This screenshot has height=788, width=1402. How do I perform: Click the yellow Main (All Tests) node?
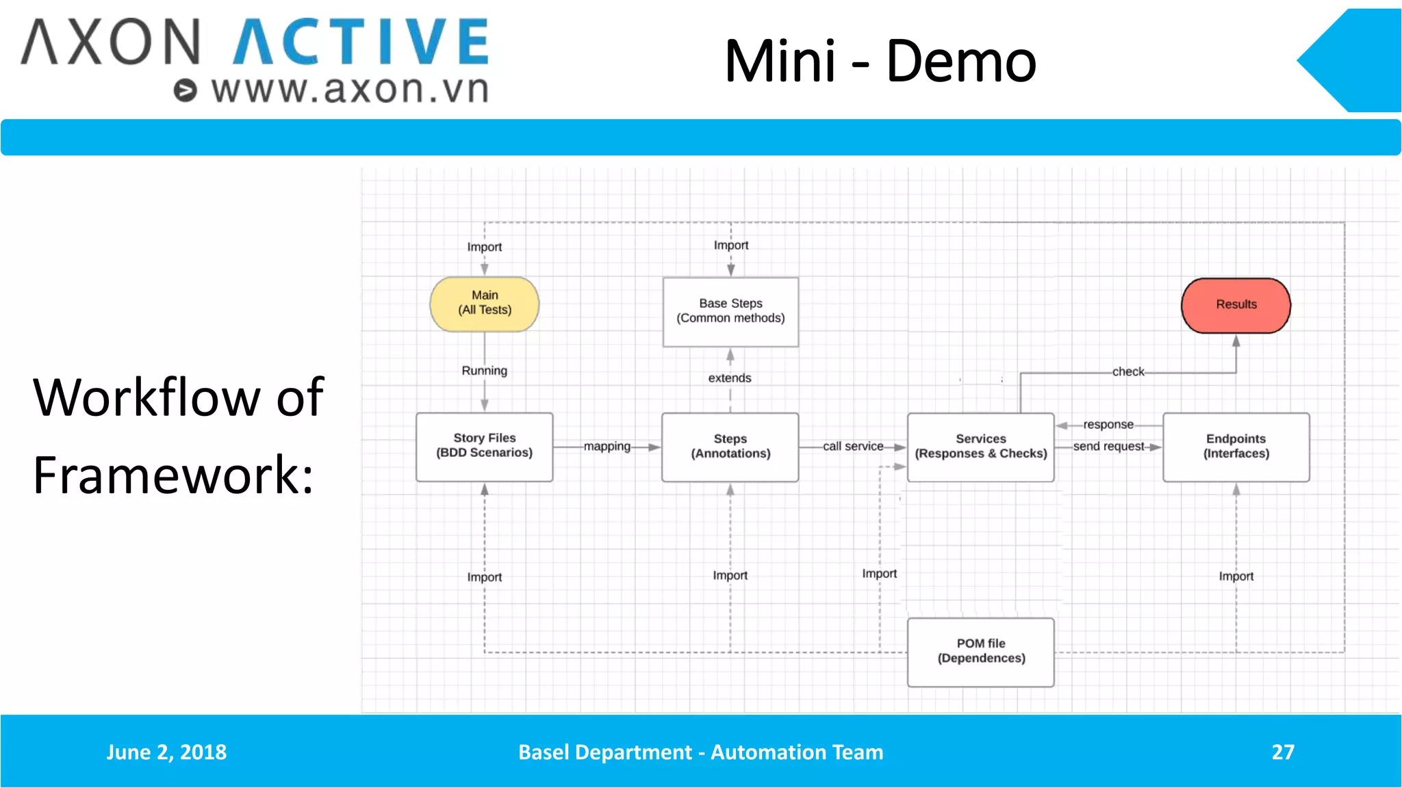tap(484, 304)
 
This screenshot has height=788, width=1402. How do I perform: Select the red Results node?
tap(1236, 305)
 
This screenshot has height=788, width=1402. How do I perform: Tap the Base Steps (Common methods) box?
tap(730, 311)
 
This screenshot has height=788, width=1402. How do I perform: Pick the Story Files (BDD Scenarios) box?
tap(484, 447)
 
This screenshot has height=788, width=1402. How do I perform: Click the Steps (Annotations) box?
tap(730, 447)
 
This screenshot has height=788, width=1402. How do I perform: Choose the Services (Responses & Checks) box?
tap(980, 447)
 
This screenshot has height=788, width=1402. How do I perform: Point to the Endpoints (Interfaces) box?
tap(1236, 447)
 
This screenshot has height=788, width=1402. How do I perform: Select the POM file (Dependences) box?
tap(980, 651)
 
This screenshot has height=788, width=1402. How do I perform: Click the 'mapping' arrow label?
tap(607, 447)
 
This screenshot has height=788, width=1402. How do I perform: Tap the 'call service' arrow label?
tap(853, 447)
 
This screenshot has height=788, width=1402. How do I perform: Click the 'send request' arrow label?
tap(1108, 447)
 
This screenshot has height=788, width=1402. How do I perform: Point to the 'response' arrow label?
tap(1108, 425)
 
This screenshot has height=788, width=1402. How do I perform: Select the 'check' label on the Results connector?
tap(1127, 372)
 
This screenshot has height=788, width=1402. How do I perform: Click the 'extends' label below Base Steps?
tap(729, 378)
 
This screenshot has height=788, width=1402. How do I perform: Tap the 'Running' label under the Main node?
tap(484, 371)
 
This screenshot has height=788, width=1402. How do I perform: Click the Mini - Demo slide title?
tap(880, 62)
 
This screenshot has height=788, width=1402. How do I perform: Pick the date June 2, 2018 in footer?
tap(166, 752)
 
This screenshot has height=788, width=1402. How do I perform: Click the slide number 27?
tap(1283, 752)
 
